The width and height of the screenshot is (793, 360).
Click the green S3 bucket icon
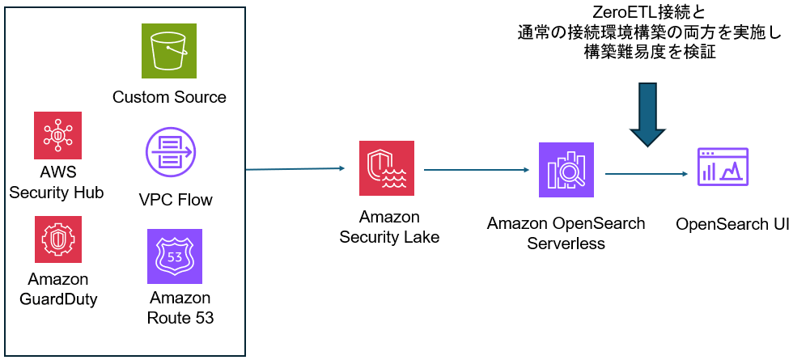[169, 51]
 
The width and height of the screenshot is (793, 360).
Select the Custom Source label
[169, 98]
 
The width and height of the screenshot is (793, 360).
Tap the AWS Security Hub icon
[58, 134]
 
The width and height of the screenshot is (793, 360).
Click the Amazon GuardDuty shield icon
[58, 239]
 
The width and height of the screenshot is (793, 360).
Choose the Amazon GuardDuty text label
[58, 289]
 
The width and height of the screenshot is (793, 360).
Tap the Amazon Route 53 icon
[174, 256]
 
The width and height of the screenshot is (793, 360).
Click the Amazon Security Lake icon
[387, 168]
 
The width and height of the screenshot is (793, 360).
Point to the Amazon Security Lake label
[389, 227]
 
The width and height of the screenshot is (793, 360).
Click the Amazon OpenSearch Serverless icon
[566, 170]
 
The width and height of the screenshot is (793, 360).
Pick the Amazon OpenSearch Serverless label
[566, 233]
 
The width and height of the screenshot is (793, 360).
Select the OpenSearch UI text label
[732, 223]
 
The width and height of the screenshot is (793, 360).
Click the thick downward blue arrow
[650, 113]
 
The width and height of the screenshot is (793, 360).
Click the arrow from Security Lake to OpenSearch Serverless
[476, 170]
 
